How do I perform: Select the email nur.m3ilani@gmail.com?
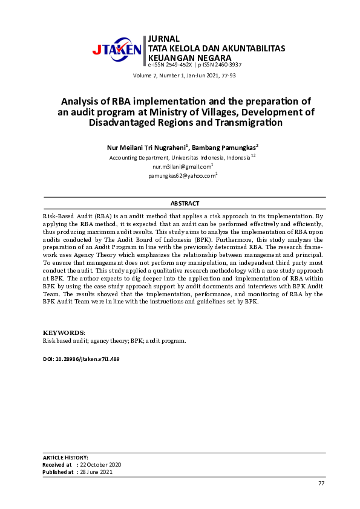coord(181,166)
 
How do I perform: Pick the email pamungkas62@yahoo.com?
coord(182,176)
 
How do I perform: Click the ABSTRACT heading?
coord(185,204)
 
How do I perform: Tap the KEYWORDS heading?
coord(63,333)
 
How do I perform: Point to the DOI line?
coord(81,359)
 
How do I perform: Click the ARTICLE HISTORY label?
coord(65,458)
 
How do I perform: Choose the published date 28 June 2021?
coord(96,472)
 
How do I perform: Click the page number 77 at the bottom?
coord(321,483)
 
